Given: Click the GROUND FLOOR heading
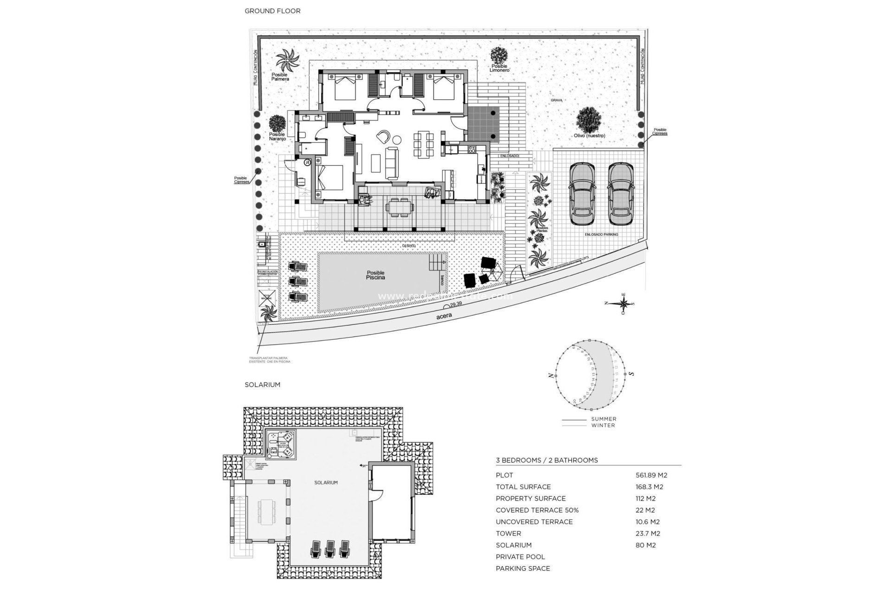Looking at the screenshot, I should pos(272,11).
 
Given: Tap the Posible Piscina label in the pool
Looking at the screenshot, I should pos(375,276).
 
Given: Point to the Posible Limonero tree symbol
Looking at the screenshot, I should pos(499,55).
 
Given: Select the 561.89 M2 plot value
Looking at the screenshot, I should pos(651,475).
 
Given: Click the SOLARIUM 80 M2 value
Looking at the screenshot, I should pos(646,545).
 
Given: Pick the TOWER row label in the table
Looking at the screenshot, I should pos(508,534).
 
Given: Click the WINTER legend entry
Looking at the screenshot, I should pos(603,425).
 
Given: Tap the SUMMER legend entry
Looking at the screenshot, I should pos(604,419).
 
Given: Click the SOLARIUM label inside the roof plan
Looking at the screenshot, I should pos(326,483).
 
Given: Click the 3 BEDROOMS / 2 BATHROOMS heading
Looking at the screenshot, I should pos(547,460).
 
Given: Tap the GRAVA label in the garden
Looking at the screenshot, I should pos(556,100).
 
